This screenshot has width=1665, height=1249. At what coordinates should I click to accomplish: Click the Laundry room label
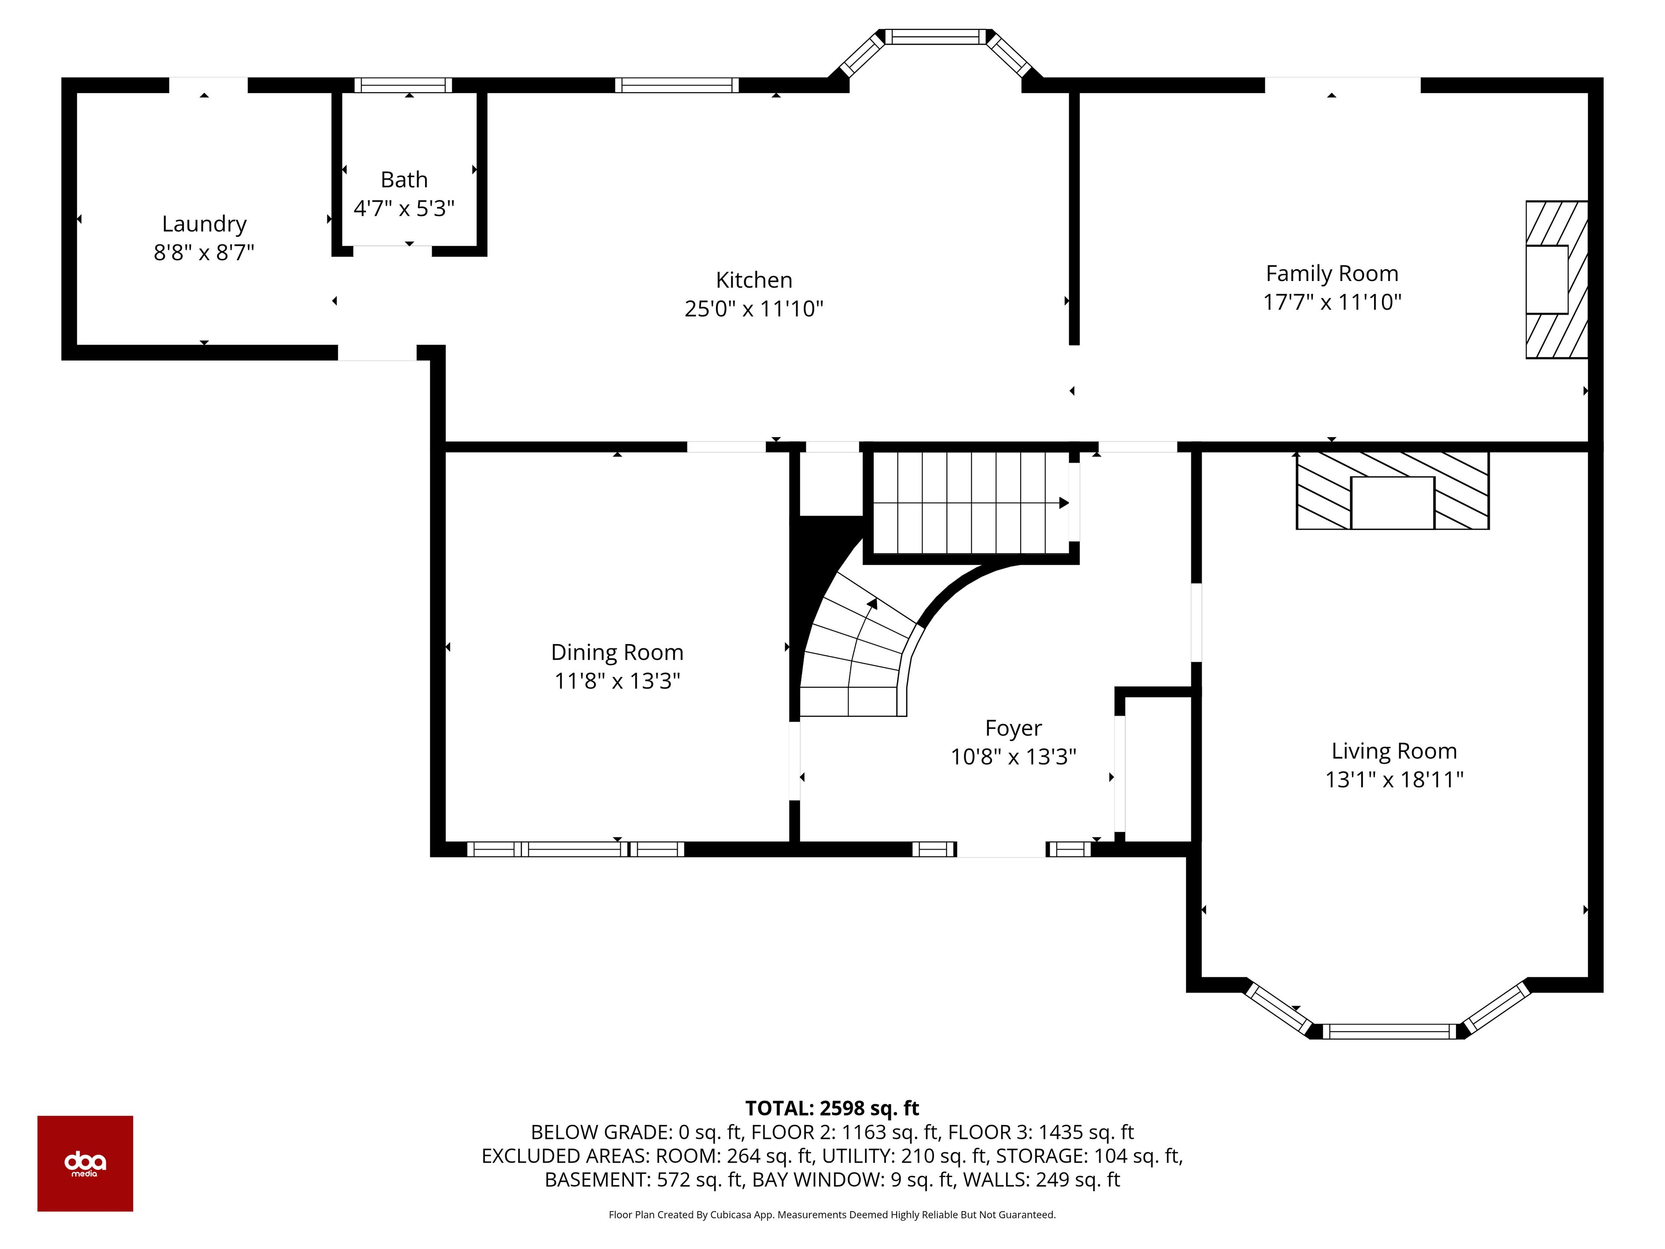(204, 224)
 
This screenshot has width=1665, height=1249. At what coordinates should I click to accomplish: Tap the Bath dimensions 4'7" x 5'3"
(404, 209)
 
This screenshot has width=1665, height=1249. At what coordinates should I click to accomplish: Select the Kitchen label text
(754, 280)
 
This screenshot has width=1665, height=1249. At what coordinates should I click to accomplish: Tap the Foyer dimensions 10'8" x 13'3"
(1013, 757)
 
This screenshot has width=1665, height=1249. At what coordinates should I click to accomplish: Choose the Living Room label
(1394, 752)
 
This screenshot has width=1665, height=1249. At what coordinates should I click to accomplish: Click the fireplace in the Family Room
(1557, 279)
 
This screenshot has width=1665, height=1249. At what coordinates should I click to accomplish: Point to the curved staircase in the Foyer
(858, 647)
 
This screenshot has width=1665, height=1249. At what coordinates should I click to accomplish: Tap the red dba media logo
(85, 1163)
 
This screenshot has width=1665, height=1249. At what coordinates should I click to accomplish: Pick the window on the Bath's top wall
(403, 85)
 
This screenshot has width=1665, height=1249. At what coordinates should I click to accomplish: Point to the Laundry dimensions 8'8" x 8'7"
(204, 252)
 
